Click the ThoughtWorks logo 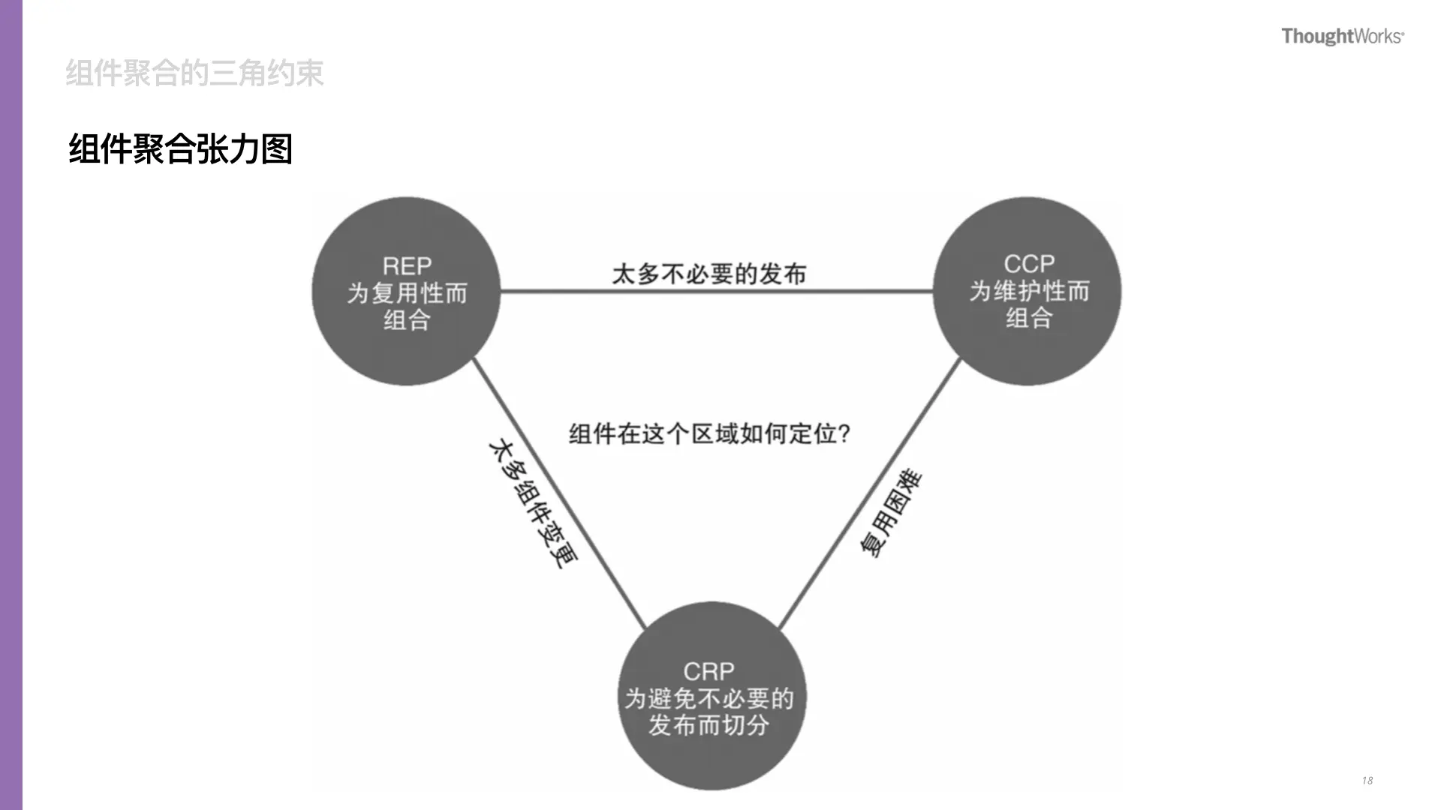pyautogui.click(x=1342, y=36)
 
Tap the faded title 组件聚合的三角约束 pyautogui.click(x=194, y=73)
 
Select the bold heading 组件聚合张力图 pyautogui.click(x=180, y=148)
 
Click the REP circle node pyautogui.click(x=406, y=352)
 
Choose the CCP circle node pyautogui.click(x=1027, y=352)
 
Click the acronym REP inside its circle pyautogui.click(x=407, y=266)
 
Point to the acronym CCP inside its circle pyautogui.click(x=1029, y=264)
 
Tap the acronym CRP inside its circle pyautogui.click(x=708, y=671)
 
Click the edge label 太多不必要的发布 pyautogui.click(x=709, y=274)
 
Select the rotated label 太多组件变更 pyautogui.click(x=533, y=503)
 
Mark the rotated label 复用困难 pyautogui.click(x=891, y=513)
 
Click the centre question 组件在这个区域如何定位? pyautogui.click(x=709, y=433)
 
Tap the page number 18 pyautogui.click(x=1367, y=781)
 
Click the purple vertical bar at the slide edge pyautogui.click(x=11, y=405)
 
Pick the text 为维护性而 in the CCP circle pyautogui.click(x=1029, y=291)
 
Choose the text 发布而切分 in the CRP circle pyautogui.click(x=708, y=725)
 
